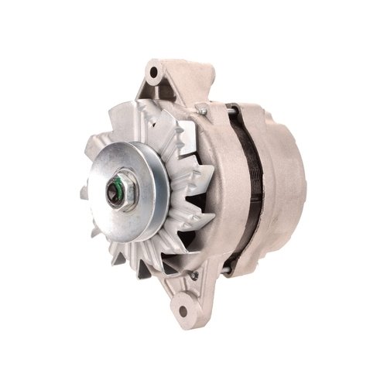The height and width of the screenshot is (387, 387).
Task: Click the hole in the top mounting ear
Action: (155, 73)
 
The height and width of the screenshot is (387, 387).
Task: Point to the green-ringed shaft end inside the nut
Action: (117, 188)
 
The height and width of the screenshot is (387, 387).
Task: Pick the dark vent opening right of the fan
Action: (203, 224)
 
